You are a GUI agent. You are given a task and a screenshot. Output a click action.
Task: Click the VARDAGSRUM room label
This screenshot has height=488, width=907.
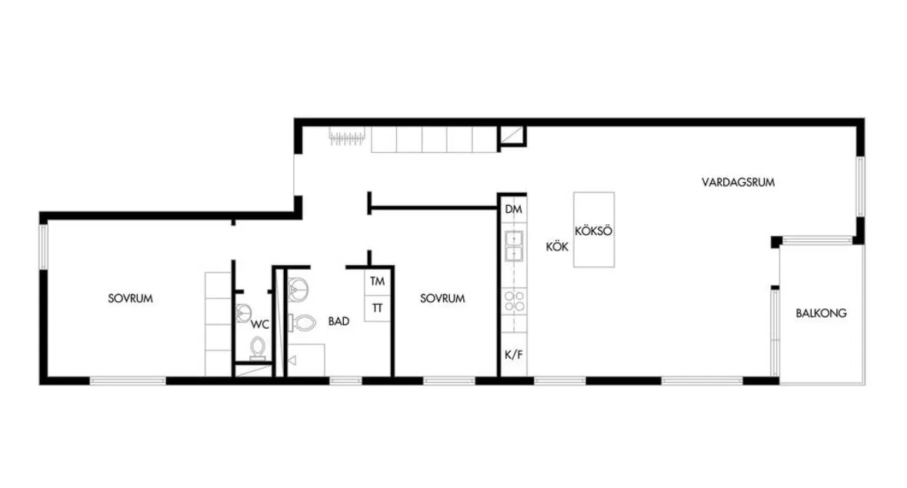(x=738, y=182)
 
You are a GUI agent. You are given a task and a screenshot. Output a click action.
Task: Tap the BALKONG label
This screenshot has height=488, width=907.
(x=821, y=314)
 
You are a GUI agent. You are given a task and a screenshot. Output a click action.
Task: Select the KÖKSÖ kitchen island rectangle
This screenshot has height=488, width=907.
(x=593, y=230)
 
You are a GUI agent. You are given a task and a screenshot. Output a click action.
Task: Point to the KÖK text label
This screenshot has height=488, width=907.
(x=557, y=247)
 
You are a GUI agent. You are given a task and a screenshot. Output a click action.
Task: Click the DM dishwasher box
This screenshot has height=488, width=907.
(x=514, y=210)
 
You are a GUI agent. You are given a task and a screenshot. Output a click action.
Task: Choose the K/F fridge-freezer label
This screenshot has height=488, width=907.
(x=514, y=354)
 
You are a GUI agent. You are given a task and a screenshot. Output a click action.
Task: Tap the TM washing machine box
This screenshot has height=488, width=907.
(x=377, y=282)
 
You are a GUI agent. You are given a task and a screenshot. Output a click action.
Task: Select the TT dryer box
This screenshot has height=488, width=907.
(x=377, y=308)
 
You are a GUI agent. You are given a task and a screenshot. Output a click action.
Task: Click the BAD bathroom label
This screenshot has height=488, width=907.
(x=338, y=321)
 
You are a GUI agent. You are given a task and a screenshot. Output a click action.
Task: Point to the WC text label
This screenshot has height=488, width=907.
(x=260, y=324)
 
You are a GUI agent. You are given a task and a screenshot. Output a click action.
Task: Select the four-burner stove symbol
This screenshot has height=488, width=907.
(x=514, y=301)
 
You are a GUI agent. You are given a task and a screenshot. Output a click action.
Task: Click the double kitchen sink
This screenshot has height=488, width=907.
(x=514, y=246)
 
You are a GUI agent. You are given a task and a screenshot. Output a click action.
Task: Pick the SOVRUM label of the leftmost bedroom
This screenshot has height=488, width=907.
(x=131, y=299)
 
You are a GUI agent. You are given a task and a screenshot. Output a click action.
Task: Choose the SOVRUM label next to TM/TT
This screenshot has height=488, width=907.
(x=442, y=299)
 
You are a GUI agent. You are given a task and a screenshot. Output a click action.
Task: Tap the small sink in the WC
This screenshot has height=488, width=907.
(x=244, y=314)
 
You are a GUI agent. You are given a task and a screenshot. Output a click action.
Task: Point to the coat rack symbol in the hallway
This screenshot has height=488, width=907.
(x=348, y=137)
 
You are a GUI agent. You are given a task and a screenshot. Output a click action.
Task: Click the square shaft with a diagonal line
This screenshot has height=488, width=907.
(x=512, y=136)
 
